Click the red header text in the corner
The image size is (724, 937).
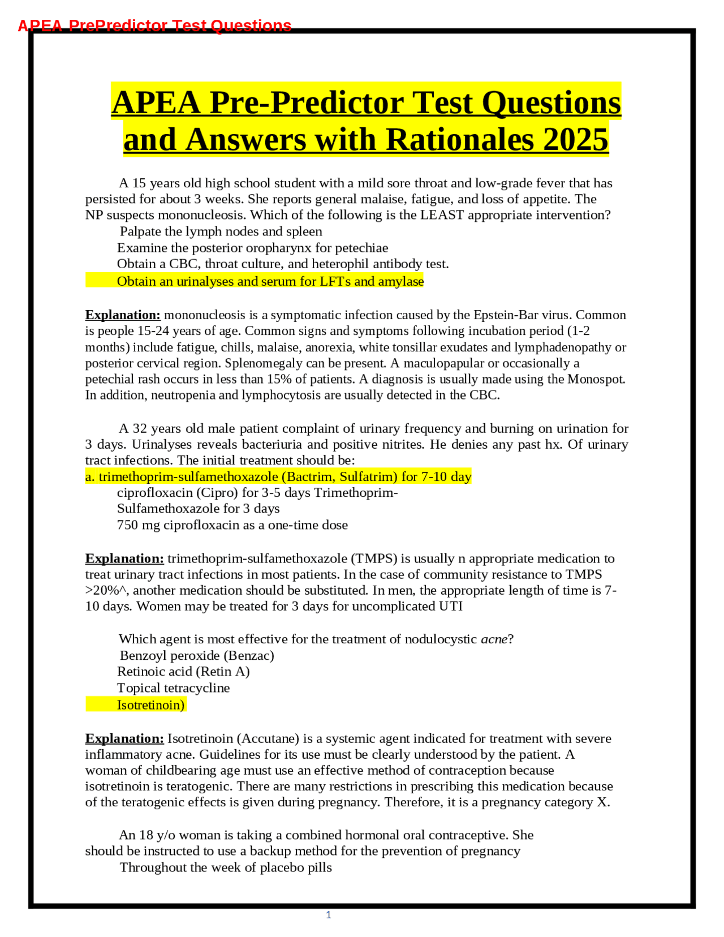tap(154, 26)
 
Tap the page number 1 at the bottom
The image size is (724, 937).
tap(328, 914)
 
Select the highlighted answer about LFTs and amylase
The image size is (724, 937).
tap(270, 281)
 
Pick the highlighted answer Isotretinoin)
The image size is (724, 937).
tap(150, 705)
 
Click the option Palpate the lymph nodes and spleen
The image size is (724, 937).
tap(221, 231)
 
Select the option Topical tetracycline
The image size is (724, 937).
tap(173, 688)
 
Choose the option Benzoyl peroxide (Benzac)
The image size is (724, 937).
tap(196, 655)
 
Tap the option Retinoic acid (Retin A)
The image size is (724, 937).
tap(183, 672)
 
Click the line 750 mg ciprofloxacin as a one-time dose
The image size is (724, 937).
tap(232, 525)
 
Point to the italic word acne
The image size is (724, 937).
tap(494, 639)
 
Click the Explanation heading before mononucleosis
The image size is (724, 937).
tap(123, 315)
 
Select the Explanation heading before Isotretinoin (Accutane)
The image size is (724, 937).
tap(124, 738)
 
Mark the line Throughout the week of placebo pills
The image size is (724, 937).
tap(225, 867)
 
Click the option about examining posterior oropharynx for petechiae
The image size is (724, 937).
tap(252, 248)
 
